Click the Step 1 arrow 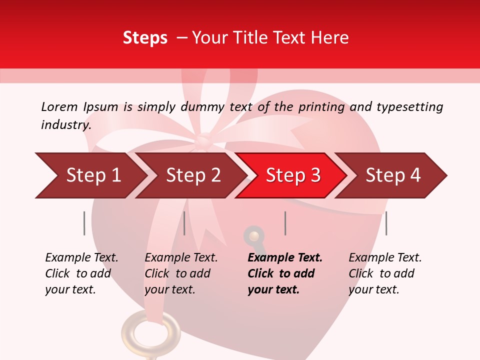coord(92,175)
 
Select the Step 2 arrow coord(192,175)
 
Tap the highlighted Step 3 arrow coord(292,175)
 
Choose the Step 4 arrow coord(392,175)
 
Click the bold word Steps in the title coord(145,38)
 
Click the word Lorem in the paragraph coord(59,106)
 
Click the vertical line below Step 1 coord(84,223)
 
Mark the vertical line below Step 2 coord(184,223)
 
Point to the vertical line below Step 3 coord(285,223)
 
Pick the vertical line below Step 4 coord(386,223)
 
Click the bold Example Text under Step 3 coord(285,258)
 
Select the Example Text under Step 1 coord(81,258)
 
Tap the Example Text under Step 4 coord(385,258)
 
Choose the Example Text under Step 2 coord(181,258)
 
